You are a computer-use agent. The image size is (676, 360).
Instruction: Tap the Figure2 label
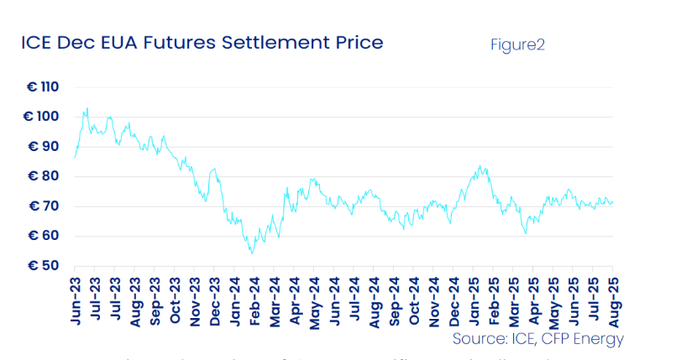(517, 44)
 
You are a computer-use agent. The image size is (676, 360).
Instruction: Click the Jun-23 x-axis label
(75, 301)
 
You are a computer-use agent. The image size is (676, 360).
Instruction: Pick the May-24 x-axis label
(316, 301)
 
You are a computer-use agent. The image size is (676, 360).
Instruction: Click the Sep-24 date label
(394, 301)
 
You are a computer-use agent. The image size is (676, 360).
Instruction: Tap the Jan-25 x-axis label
(474, 301)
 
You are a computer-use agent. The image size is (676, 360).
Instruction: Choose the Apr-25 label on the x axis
(532, 301)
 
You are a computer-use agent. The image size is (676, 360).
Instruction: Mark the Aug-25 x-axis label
(611, 301)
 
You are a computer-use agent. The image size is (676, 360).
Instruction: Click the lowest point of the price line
(251, 253)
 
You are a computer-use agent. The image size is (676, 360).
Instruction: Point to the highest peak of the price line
(86, 107)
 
